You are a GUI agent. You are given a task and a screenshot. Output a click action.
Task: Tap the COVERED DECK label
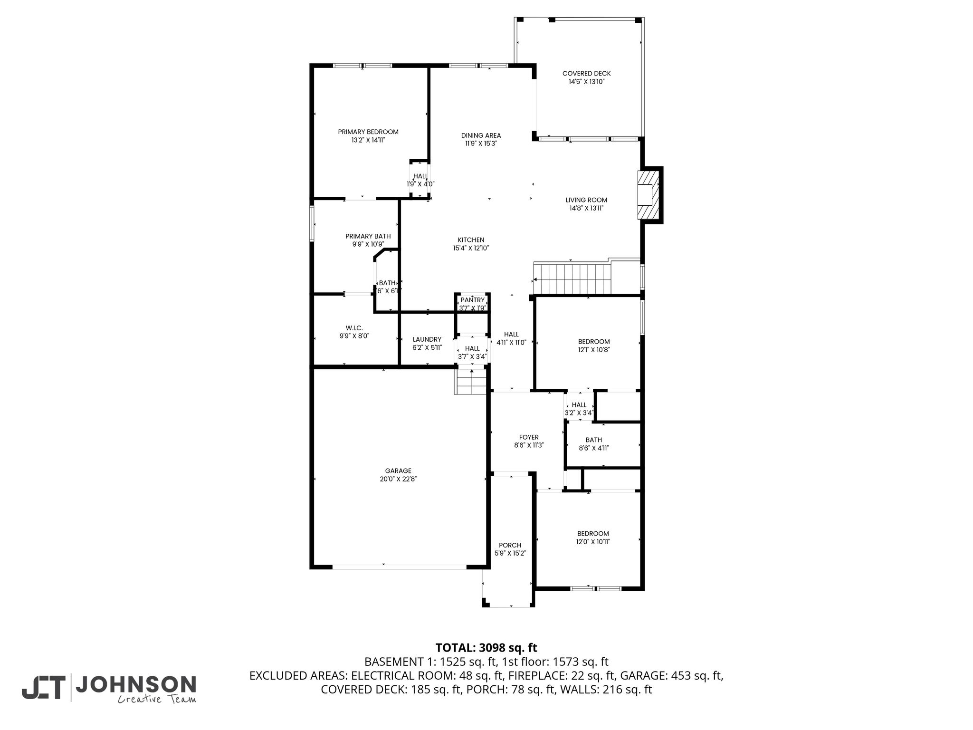click(x=586, y=73)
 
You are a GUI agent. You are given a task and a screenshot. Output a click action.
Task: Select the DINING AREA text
click(x=481, y=135)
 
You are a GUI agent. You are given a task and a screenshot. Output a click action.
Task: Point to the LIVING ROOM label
click(x=586, y=200)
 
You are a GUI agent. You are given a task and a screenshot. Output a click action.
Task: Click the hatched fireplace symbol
click(x=646, y=195)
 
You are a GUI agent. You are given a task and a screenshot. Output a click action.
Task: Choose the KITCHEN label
click(x=471, y=240)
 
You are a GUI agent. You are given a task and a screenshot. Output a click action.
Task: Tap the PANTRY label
click(x=472, y=300)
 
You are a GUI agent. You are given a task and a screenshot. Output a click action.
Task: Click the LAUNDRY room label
click(x=427, y=339)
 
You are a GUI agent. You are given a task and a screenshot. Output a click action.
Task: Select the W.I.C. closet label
click(x=354, y=328)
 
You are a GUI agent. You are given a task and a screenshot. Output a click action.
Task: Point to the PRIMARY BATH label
click(x=368, y=236)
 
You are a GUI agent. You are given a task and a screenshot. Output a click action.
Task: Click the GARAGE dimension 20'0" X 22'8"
click(x=398, y=479)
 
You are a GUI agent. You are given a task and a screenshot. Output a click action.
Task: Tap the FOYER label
click(x=529, y=437)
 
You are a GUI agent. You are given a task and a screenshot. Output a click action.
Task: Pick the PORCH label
click(x=510, y=545)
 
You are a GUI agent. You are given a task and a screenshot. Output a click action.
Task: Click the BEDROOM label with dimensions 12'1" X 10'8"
click(x=594, y=341)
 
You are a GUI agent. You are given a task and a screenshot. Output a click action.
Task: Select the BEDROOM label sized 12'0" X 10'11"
click(x=593, y=533)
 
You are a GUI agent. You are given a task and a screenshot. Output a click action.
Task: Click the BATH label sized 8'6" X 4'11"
click(x=594, y=440)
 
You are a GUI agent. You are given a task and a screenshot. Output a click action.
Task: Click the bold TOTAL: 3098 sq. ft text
click(x=486, y=647)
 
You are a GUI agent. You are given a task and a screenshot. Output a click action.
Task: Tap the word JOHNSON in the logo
click(x=136, y=684)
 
